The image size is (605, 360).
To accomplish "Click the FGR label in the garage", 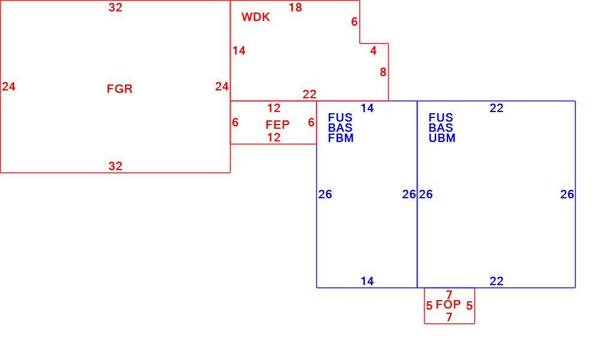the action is coord(120,89).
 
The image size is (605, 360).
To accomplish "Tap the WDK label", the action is coord(256,17).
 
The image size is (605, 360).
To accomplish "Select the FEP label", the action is coord(277,125).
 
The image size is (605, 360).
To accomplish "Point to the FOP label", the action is coord(448,304).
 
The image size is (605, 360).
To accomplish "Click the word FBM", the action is coord(341,138).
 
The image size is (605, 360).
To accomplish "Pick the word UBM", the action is coord(442,138).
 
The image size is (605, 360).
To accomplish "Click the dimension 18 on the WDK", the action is coord(295,7).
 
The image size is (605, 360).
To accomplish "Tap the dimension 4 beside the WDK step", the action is coord(373,50).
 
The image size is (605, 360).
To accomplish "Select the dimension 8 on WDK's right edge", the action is coord(383,72).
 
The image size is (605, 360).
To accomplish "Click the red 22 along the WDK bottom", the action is coord(310,94).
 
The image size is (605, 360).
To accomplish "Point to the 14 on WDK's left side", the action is coord(239,50).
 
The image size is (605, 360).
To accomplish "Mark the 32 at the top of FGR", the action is coord(116,7).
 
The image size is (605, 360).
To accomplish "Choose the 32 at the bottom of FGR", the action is coord(116,166).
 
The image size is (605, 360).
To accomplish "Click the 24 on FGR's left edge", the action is coord(9,86).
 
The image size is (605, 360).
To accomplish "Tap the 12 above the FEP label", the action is coord(274,108).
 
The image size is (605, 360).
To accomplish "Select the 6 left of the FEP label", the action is coord(235,122).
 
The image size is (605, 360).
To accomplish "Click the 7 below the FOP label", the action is coord(449,317).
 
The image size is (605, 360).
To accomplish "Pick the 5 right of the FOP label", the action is coord(469,305).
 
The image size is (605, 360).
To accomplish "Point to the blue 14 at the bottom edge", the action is coord(367,282).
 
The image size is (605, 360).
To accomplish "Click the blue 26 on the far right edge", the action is coord(567,194).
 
